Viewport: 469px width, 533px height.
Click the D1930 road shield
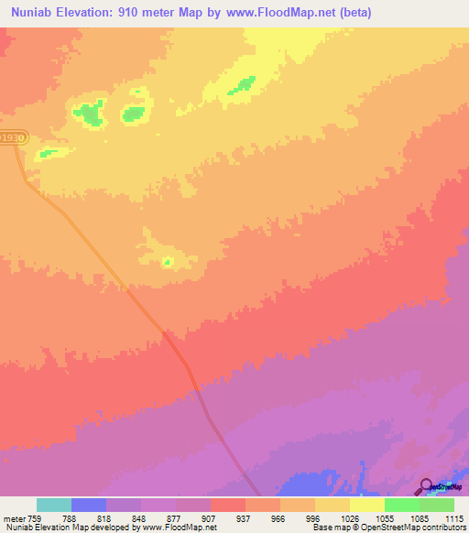point(13,137)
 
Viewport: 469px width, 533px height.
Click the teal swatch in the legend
point(54,505)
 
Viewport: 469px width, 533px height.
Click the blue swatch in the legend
point(89,505)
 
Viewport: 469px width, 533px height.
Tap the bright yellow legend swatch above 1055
point(367,505)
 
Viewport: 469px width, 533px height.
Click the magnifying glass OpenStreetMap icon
point(426,487)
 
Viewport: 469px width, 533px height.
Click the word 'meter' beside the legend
point(16,517)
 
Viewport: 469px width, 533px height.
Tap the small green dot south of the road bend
point(167,263)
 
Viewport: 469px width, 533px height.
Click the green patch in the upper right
point(243,85)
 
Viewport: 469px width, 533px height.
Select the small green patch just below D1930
point(48,153)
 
